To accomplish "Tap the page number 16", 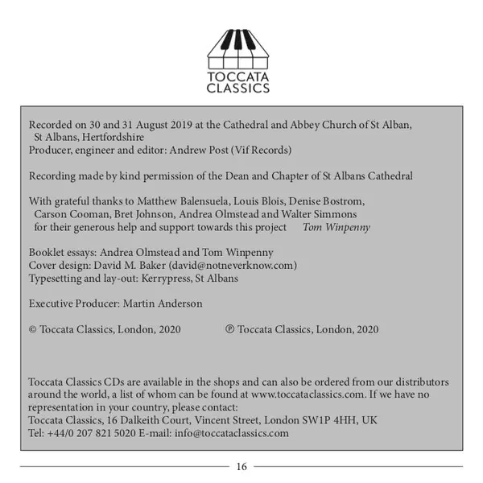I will pyautogui.click(x=242, y=466).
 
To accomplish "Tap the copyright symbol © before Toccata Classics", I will pyautogui.click(x=32, y=329).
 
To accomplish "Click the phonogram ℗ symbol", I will pyautogui.click(x=230, y=329).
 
